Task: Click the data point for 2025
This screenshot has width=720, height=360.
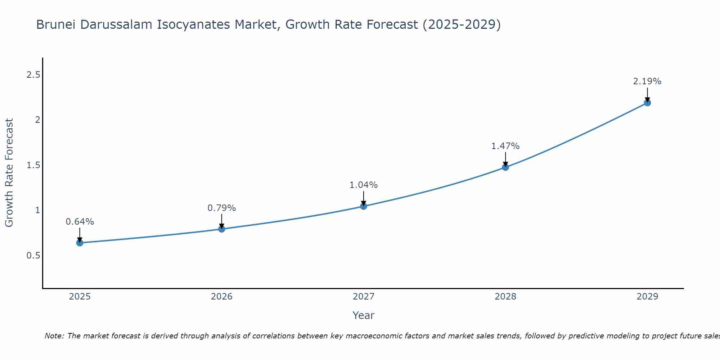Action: click(x=80, y=243)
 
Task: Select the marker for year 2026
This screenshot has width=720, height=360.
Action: click(x=222, y=229)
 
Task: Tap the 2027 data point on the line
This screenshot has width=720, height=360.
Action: click(x=364, y=206)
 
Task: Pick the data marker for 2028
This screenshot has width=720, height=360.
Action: click(x=505, y=167)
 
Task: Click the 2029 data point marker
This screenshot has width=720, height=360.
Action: click(x=647, y=103)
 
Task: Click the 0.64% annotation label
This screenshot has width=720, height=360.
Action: click(x=80, y=222)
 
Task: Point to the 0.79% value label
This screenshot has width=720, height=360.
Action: click(x=222, y=208)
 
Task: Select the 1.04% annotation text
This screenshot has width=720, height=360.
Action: click(x=364, y=185)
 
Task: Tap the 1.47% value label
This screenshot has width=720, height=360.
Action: click(x=505, y=146)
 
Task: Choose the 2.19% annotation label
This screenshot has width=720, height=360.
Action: click(x=647, y=81)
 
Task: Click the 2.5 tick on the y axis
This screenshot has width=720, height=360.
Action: click(x=33, y=75)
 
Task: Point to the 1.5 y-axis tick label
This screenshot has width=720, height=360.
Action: click(x=33, y=165)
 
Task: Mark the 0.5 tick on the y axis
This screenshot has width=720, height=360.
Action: click(x=33, y=256)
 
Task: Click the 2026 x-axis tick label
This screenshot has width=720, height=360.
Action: click(x=222, y=297)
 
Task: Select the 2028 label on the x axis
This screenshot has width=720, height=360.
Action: click(x=505, y=297)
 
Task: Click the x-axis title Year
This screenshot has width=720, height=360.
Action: click(x=364, y=315)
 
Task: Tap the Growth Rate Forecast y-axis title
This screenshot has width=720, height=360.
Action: click(x=9, y=173)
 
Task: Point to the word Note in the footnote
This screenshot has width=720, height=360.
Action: click(x=54, y=336)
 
